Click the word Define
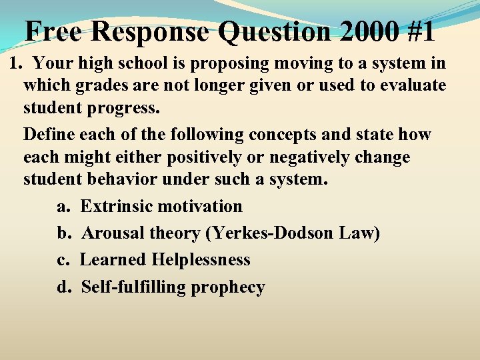[x=49, y=134]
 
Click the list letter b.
[x=63, y=233]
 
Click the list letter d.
[x=63, y=287]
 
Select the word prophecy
[x=228, y=287]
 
